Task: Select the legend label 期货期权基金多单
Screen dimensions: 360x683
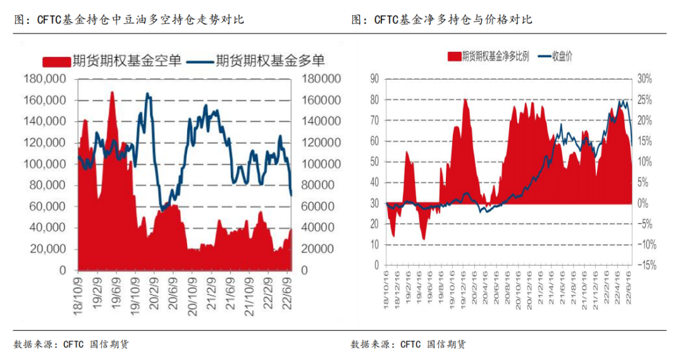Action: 270,61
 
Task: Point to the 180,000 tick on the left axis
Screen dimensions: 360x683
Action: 44,79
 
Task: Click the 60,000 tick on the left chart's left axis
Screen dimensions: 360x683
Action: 47,206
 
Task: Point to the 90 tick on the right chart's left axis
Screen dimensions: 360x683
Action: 374,78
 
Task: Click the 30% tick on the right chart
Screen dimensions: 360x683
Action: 644,78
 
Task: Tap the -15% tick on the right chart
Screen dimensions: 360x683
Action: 646,266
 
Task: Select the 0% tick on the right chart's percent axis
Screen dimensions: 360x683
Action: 643,203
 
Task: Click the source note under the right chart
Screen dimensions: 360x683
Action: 408,344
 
